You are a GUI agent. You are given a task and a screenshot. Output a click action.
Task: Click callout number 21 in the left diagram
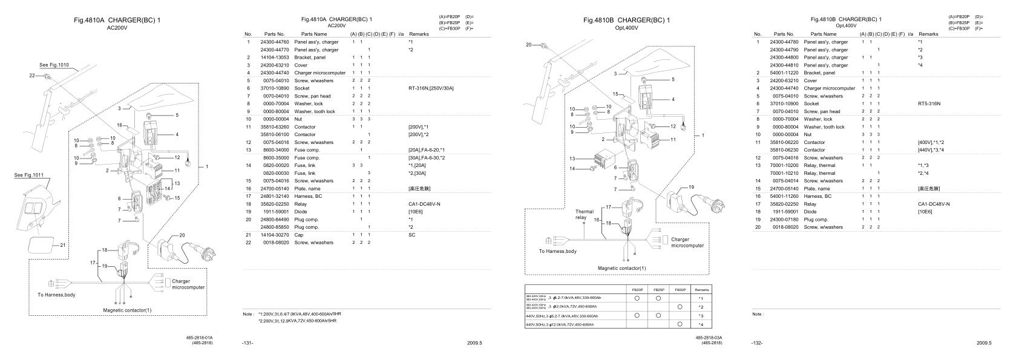coord(63,245)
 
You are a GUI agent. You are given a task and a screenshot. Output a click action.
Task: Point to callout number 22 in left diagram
coord(31,75)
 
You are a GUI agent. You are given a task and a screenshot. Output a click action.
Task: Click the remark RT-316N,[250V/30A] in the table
coord(431,88)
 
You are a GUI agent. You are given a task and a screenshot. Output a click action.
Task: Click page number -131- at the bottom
coord(247,343)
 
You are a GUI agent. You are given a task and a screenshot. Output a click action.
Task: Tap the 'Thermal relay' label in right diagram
coord(580,215)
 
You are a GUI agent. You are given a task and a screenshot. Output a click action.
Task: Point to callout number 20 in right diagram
coord(528,45)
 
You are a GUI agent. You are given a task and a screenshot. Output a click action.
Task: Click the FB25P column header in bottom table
coord(658,290)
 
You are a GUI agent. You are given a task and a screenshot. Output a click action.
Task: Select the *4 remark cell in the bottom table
coord(700,325)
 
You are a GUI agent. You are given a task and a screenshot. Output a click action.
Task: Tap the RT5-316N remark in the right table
coord(929,103)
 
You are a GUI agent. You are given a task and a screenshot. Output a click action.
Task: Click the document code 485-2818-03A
coord(709,338)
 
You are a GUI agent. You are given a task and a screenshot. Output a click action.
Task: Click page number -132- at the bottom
coord(757,343)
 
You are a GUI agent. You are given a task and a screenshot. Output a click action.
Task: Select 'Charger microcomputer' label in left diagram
coord(188,284)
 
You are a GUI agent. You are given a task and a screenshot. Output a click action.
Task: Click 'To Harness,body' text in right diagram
coord(558,251)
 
